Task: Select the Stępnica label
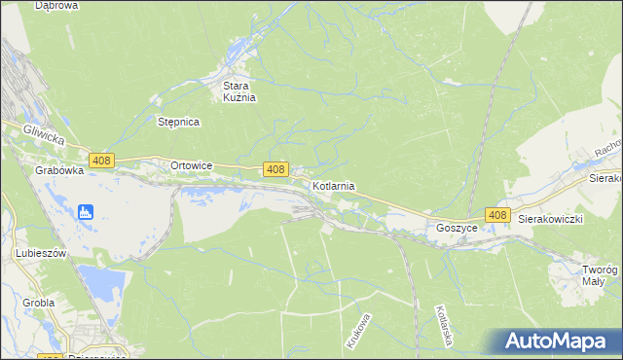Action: pos(178,122)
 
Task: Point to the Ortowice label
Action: pos(191,165)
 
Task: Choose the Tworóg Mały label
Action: pos(601,274)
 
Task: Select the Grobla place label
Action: pos(38,303)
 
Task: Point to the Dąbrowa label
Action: pos(56,6)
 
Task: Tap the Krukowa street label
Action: pos(357,331)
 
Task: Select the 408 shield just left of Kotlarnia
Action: pos(275,169)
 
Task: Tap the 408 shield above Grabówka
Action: pos(100,160)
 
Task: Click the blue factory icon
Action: pos(86,211)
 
